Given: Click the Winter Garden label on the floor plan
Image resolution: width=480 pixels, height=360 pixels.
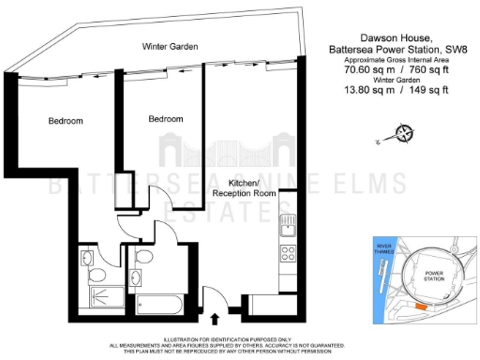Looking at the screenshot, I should (169, 46).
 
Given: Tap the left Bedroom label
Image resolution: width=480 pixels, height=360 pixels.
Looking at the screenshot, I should (66, 121).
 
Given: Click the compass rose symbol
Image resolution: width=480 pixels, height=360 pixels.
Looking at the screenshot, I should (402, 134).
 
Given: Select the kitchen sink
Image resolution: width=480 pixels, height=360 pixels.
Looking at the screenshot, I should (290, 225).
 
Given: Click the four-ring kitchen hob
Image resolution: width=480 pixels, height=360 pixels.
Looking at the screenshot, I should (290, 253).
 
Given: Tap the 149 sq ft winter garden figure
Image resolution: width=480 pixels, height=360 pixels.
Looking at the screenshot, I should (427, 89).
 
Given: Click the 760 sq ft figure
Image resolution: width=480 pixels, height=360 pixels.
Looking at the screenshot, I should (427, 69).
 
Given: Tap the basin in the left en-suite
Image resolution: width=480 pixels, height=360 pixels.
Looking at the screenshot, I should (86, 256).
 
